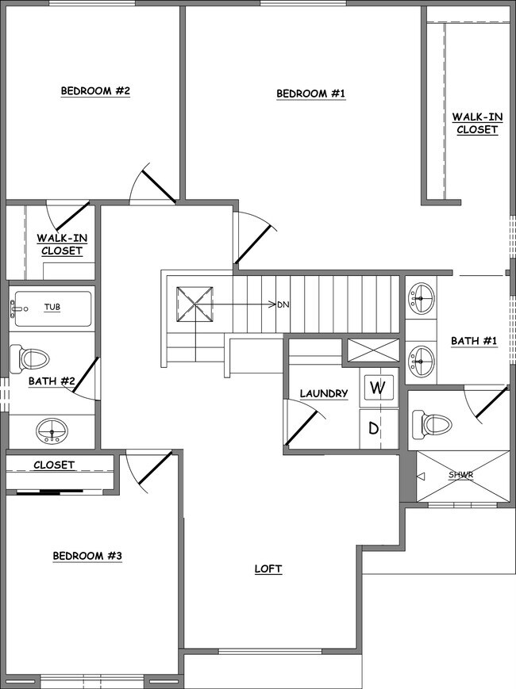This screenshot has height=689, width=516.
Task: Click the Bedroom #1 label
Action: click(311, 94)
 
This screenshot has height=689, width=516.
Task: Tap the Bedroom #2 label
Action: click(95, 91)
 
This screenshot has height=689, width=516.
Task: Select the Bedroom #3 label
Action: click(87, 556)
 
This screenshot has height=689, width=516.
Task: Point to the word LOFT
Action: click(268, 568)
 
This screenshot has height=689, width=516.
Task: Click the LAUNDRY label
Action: click(323, 393)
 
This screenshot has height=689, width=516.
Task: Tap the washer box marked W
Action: click(378, 389)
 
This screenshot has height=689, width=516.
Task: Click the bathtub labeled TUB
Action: click(52, 307)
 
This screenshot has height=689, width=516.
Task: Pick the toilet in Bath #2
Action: click(30, 358)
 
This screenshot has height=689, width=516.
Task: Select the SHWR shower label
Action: click(460, 475)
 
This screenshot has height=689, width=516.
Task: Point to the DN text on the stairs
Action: click(283, 304)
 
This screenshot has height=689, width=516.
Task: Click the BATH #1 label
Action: click(474, 341)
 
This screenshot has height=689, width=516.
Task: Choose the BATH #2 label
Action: click(52, 381)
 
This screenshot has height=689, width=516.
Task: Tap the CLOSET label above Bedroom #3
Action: click(54, 465)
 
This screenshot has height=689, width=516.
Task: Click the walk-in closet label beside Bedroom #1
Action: click(476, 123)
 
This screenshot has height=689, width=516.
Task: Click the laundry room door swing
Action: click(302, 424)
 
